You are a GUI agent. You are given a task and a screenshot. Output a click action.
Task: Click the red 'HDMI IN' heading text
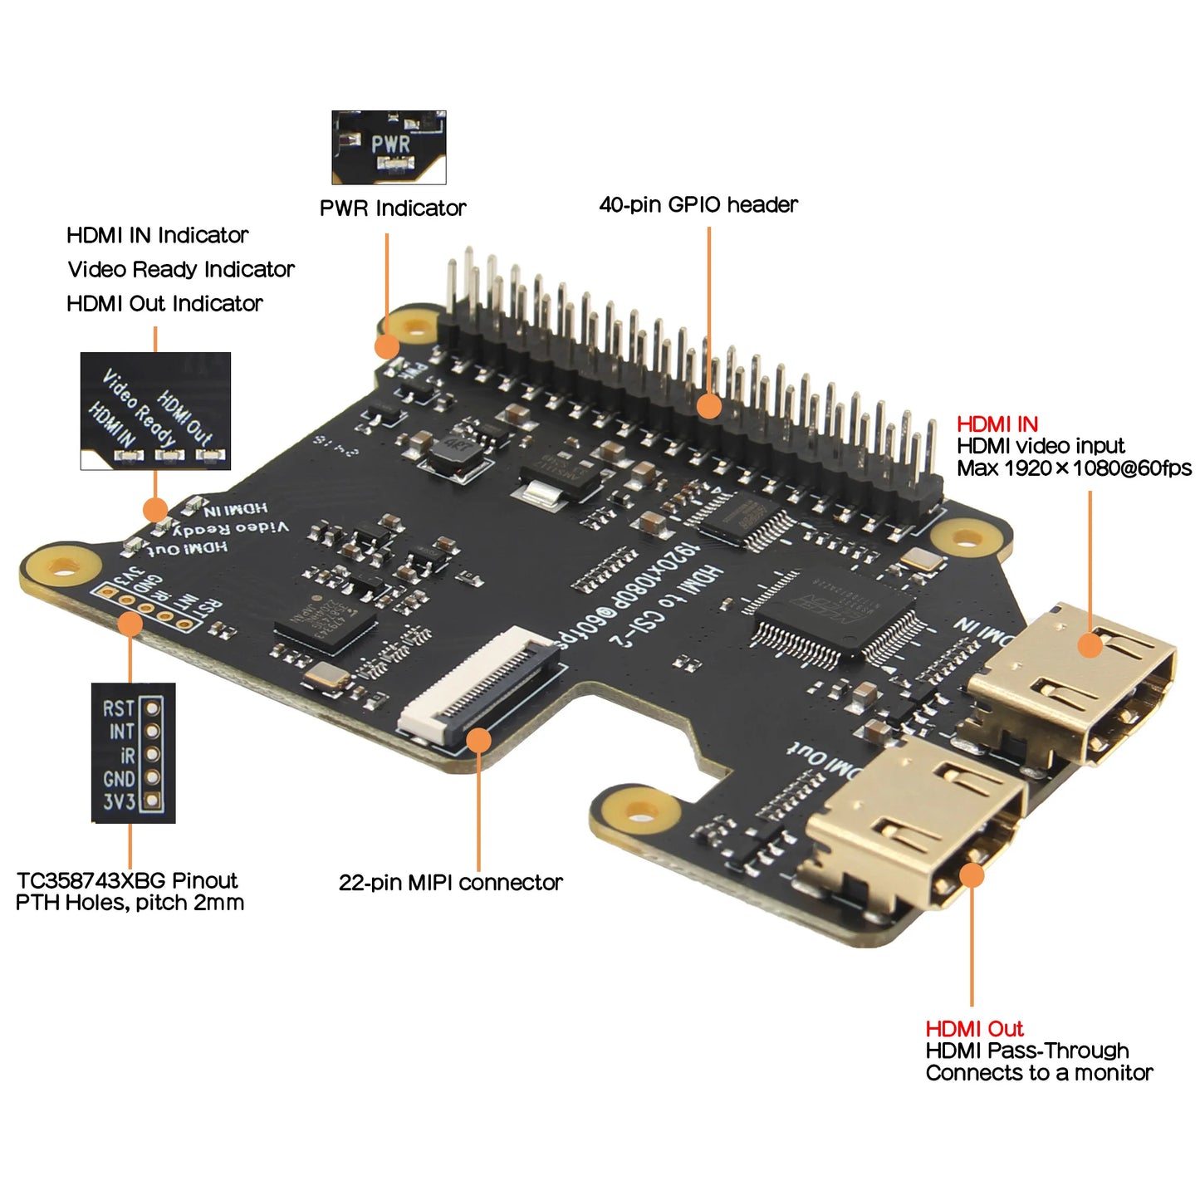click(997, 424)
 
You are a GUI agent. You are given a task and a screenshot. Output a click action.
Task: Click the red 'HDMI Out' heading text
click(974, 1028)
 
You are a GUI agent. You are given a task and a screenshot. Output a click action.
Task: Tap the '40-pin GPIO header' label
click(698, 204)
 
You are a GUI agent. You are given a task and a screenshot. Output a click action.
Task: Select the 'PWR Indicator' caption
click(393, 208)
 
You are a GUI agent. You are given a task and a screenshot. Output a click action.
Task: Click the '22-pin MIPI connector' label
click(450, 882)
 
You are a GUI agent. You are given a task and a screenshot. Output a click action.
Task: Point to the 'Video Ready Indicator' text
click(181, 269)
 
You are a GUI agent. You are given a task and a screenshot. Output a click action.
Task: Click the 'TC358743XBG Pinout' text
click(127, 880)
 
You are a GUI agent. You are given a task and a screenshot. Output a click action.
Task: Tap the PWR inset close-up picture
click(389, 147)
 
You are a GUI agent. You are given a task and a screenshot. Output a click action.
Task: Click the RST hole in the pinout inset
click(152, 708)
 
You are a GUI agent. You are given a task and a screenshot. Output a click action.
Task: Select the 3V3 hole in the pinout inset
click(152, 801)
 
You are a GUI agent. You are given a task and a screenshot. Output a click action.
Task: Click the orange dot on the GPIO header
click(708, 406)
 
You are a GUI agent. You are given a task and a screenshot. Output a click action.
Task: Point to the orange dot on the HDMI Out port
click(971, 875)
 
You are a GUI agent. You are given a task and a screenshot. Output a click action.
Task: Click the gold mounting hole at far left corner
click(61, 567)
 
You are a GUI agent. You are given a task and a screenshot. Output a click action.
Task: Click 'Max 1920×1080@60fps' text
click(1074, 468)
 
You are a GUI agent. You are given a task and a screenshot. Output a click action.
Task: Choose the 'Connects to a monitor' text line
click(1039, 1073)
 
